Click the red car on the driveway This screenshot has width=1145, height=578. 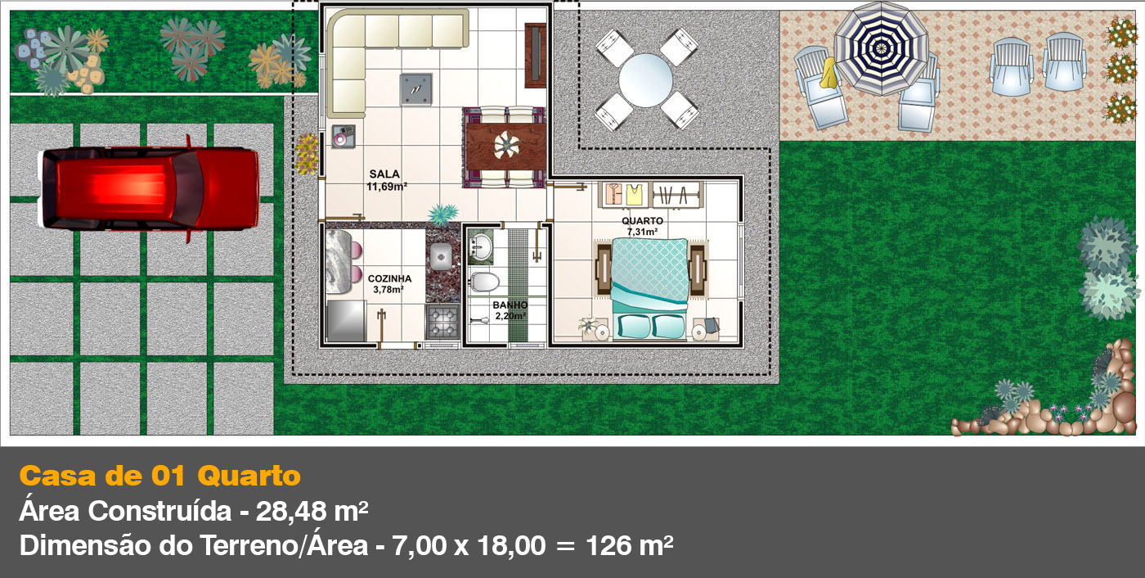tap(149, 188)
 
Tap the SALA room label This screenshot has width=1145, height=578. tap(384, 174)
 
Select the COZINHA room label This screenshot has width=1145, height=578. tap(389, 279)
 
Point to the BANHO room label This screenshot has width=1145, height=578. tap(510, 305)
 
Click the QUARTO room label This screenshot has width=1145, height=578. tap(643, 221)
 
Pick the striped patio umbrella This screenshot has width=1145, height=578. tap(881, 48)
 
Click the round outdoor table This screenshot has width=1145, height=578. tap(645, 80)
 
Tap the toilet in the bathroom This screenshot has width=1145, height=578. tap(484, 282)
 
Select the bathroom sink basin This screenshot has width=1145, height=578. tap(481, 247)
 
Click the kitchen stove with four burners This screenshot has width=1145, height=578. tap(442, 321)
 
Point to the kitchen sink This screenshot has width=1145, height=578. tap(441, 256)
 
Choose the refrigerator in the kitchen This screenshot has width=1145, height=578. tap(346, 321)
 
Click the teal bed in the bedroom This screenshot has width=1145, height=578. tap(649, 288)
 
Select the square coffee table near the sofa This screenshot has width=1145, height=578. tap(416, 89)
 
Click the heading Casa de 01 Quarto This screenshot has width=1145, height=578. tap(160, 476)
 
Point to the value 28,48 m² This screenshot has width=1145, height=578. tap(312, 511)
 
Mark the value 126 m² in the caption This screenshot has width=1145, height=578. tap(629, 545)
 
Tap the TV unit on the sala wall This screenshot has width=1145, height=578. tap(535, 55)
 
